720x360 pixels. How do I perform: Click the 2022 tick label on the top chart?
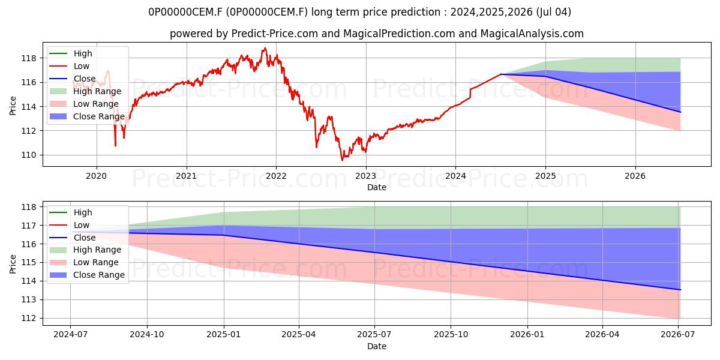[276, 176]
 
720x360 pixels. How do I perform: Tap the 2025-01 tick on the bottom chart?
[223, 335]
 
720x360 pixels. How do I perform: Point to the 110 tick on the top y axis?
[28, 155]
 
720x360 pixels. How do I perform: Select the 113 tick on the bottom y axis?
[28, 300]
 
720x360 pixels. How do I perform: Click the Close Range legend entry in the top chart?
[87, 116]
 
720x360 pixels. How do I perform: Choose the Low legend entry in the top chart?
[70, 66]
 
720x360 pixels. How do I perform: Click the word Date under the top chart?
[377, 187]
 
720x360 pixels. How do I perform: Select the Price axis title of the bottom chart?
[13, 264]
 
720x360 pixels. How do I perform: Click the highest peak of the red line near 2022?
[265, 48]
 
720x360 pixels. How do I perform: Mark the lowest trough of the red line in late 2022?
[343, 160]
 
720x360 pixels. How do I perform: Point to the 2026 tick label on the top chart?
[635, 176]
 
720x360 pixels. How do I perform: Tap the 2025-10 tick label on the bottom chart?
[451, 335]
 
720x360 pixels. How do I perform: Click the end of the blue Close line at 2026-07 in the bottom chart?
[680, 290]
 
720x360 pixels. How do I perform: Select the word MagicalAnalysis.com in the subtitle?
[532, 34]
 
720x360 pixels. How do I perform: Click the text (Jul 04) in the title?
[553, 12]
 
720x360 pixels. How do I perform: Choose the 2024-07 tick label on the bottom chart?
[70, 335]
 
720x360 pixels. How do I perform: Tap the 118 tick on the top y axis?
[28, 59]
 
